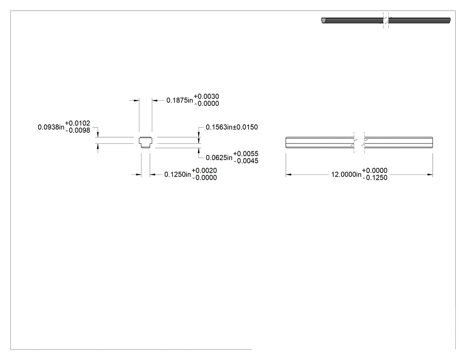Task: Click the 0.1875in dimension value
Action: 179,100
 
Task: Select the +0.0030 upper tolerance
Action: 206,97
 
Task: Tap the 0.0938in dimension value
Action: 51,127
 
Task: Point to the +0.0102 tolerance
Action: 77,123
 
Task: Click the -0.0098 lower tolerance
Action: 78,131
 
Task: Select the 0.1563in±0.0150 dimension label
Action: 232,127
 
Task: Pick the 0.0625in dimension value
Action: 219,158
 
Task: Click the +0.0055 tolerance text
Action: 246,154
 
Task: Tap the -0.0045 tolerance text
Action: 246,161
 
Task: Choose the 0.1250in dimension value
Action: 178,174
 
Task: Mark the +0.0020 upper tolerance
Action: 204,170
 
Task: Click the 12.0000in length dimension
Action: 346,174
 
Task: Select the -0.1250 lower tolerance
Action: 375,178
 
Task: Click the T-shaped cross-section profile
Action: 146,142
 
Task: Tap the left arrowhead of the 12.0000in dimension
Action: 288,174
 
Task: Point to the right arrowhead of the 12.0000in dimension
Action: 430,174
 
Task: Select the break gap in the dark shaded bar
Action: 386,20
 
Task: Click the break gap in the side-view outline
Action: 359,142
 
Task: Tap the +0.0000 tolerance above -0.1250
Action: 375,170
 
